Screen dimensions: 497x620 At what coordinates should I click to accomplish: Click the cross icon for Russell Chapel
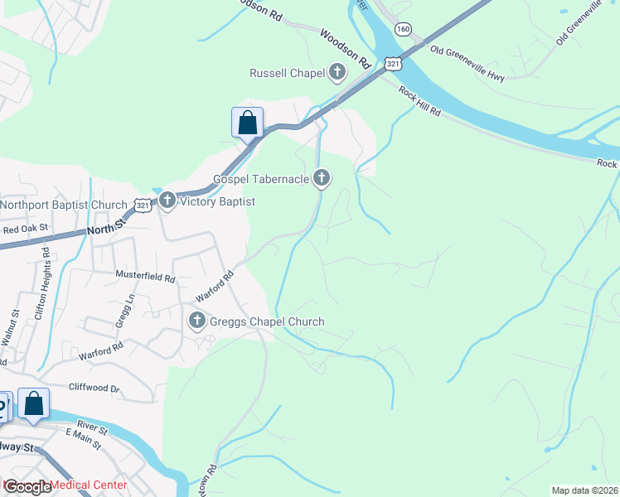point(337,73)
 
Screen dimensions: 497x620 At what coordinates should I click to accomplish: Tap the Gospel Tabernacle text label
point(260,179)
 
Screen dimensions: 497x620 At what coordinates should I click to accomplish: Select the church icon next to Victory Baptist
point(167,201)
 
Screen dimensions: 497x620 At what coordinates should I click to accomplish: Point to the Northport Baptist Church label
point(63,205)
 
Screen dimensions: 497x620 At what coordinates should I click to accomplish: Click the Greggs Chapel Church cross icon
point(196,321)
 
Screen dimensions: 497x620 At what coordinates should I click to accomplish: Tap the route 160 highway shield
point(403,29)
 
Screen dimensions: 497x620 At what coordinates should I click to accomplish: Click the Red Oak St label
point(26,229)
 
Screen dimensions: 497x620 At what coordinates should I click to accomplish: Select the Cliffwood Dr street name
point(94,388)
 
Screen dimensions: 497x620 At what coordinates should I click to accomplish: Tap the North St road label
point(107,224)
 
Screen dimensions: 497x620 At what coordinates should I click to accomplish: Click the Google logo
point(27,486)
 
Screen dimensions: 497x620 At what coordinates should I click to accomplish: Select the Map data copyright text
point(584,490)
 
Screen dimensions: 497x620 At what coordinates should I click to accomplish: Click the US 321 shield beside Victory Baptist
point(144,205)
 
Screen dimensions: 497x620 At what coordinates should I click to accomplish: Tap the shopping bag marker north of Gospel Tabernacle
point(247,124)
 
